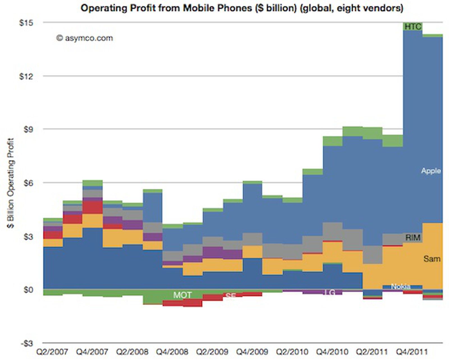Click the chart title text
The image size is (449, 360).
point(242,8)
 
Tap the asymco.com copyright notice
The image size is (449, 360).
point(84,38)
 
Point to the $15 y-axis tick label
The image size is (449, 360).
point(26,23)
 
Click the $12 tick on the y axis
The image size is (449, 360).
point(26,76)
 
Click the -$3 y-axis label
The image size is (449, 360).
point(27,343)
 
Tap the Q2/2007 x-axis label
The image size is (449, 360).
point(52,352)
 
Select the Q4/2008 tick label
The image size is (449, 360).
point(172,352)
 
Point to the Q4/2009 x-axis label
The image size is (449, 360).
point(252,352)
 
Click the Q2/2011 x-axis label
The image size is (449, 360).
point(372,352)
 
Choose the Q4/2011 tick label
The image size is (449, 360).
point(412,352)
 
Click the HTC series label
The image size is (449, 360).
point(413,27)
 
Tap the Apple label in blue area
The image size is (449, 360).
point(431,171)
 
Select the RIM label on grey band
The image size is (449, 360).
point(413,238)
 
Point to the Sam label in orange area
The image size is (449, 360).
point(432,258)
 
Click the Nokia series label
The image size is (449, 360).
point(400,286)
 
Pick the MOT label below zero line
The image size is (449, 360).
point(182,295)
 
